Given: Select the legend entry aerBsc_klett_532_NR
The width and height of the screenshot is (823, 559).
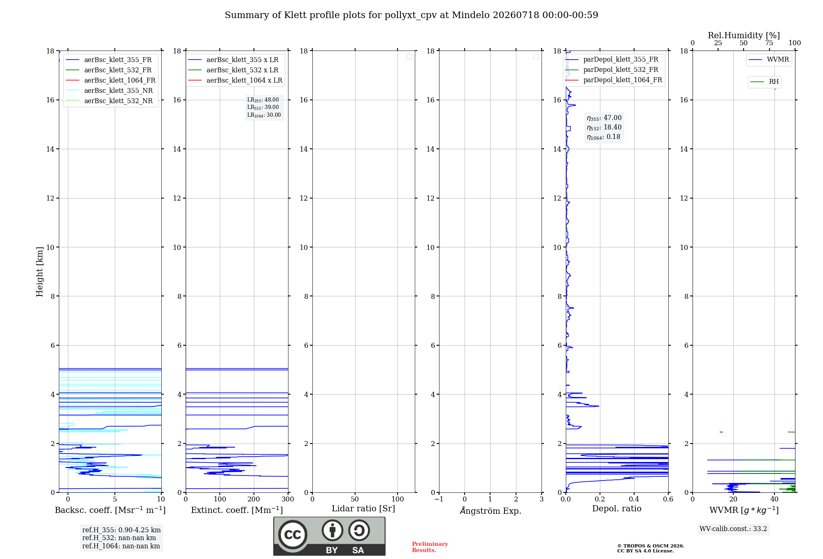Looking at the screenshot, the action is click(x=109, y=101).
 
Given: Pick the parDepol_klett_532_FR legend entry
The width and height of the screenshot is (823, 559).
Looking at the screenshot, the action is click(x=614, y=70).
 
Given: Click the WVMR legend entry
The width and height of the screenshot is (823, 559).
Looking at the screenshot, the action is click(x=769, y=60).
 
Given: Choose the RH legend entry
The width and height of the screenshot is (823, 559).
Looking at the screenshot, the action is click(x=765, y=82).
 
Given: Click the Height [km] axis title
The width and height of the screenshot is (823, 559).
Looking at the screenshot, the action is click(x=40, y=272).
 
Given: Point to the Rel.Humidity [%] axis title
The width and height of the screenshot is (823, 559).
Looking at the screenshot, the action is click(x=744, y=35).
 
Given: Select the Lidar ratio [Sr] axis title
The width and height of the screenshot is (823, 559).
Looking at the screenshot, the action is click(x=363, y=508).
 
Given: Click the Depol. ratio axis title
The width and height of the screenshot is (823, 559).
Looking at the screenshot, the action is click(x=617, y=508).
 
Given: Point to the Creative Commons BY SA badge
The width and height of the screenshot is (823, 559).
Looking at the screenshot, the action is click(x=329, y=536).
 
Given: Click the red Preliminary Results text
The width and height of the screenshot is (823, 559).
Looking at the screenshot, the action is click(x=430, y=547).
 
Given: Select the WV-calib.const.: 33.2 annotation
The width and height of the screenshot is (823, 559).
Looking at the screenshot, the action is click(x=733, y=529).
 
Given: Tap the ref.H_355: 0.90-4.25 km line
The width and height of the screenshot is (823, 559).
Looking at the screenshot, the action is click(x=121, y=530).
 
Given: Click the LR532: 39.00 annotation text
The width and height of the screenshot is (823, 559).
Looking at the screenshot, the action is click(x=263, y=107).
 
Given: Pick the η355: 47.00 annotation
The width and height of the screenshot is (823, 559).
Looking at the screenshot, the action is click(x=604, y=118).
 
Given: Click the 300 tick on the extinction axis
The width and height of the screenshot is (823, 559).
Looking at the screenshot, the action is click(x=288, y=499).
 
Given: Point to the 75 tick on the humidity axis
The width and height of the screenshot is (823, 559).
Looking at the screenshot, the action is click(x=769, y=43).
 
